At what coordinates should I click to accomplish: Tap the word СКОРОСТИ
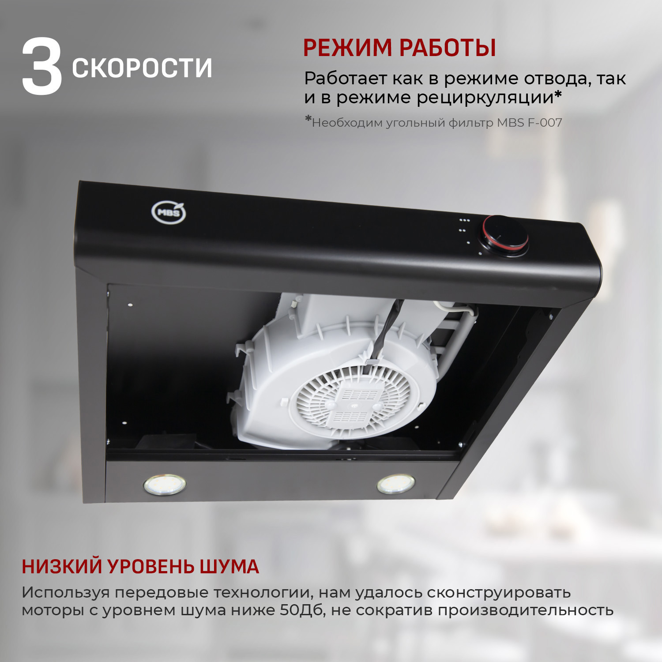(142, 68)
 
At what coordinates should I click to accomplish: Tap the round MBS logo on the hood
(169, 212)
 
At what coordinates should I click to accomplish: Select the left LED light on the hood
(164, 484)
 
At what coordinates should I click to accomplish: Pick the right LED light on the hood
(396, 484)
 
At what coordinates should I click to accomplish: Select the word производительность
(526, 610)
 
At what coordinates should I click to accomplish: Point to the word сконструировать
(499, 592)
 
